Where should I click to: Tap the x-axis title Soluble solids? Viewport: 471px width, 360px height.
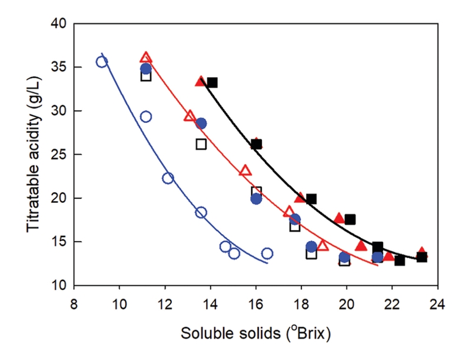pos(255,333)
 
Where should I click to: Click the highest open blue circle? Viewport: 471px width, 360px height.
pos(102,62)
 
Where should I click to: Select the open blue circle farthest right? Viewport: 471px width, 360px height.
pos(267,253)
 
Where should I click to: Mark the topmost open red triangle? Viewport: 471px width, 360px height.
pos(146,58)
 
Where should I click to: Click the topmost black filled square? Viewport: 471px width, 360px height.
pos(212,82)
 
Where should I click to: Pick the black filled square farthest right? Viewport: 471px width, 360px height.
pos(422,257)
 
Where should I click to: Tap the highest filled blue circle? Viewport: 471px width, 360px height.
pos(145,69)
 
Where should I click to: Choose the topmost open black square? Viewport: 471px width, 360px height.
pos(146,76)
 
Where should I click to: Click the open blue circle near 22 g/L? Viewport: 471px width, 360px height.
pos(168,178)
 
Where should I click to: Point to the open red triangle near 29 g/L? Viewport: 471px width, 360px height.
pos(190,116)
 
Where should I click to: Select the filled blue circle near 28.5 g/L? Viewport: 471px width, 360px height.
pos(201,123)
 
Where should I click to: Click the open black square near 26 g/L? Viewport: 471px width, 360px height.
pos(201,144)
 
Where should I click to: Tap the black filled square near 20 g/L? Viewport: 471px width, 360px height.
pos(311,199)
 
